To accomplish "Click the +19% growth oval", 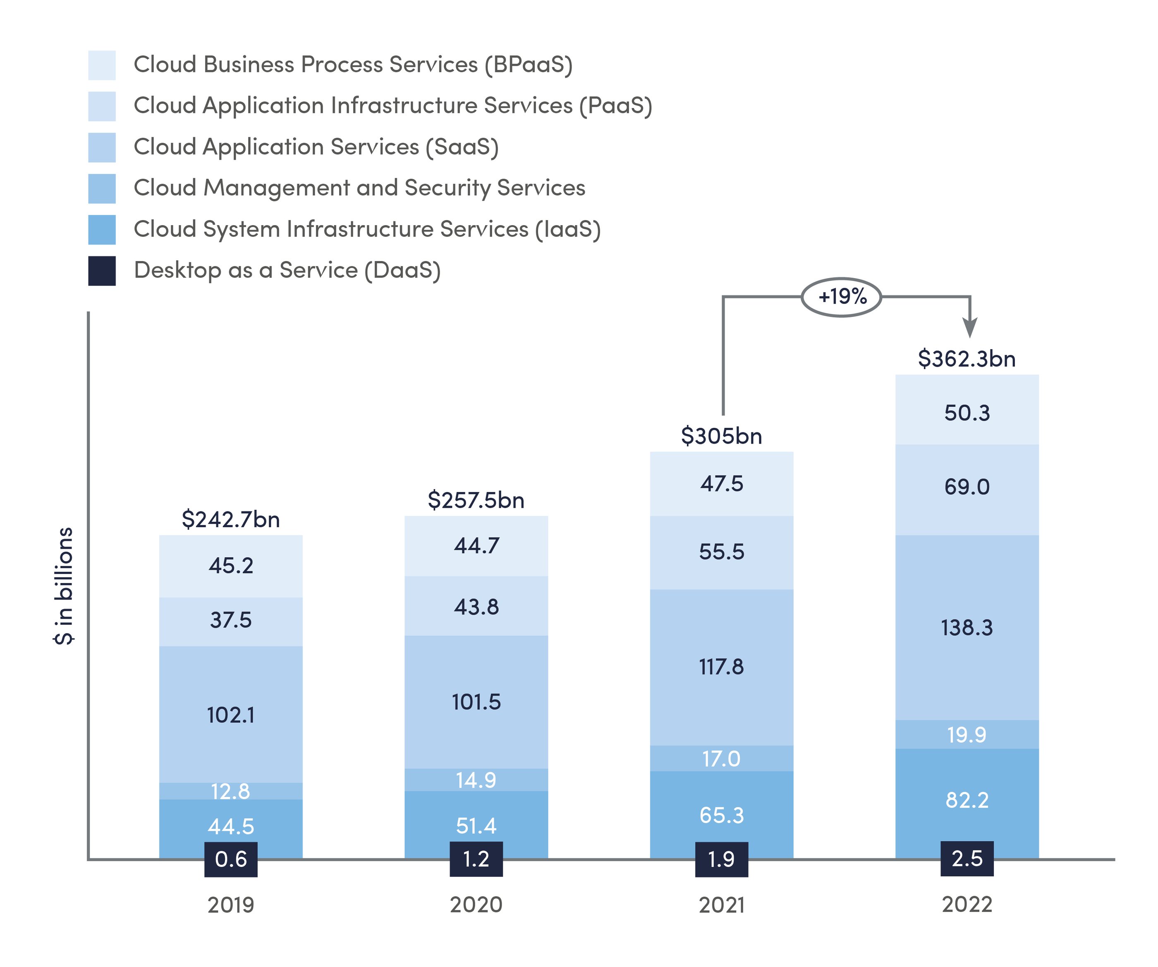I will pyautogui.click(x=842, y=297).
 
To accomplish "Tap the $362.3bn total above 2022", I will pyautogui.click(x=967, y=359).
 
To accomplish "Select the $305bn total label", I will pyautogui.click(x=721, y=436).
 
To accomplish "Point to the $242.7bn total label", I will pyautogui.click(x=230, y=519).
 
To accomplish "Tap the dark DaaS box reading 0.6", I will pyautogui.click(x=230, y=859).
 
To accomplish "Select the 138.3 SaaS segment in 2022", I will pyautogui.click(x=967, y=628).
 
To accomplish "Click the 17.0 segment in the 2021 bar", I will pyautogui.click(x=721, y=759).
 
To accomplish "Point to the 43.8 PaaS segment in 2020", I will pyautogui.click(x=476, y=607).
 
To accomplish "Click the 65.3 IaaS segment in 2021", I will pyautogui.click(x=721, y=815).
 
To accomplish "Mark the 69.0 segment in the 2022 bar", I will pyautogui.click(x=967, y=487).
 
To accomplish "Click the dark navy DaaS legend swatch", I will pyautogui.click(x=102, y=271).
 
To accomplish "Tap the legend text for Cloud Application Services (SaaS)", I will pyautogui.click(x=316, y=147).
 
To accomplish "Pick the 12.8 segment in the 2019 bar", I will pyautogui.click(x=230, y=792).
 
